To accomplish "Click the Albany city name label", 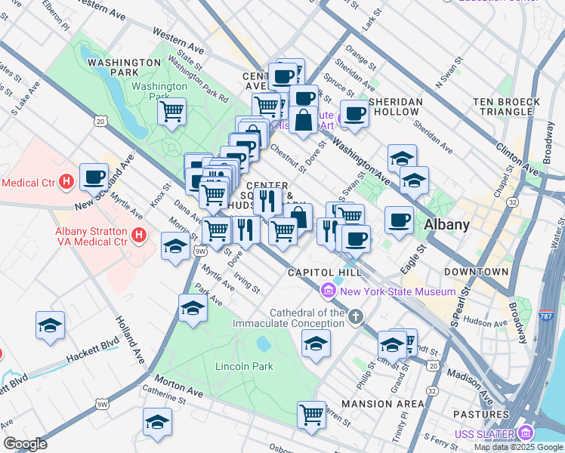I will tap(447, 224).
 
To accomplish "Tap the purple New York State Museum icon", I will tap(328, 291).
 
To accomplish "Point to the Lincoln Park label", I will tap(244, 366).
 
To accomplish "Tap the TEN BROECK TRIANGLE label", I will tap(506, 106).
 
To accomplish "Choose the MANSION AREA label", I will tap(382, 404).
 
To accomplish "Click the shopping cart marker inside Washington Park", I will tap(171, 111).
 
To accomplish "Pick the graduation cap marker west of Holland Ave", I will tap(51, 325).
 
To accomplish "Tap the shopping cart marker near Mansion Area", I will tap(311, 414).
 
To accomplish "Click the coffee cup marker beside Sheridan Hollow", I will tap(354, 113).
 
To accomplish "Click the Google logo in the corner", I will tap(25, 444).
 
